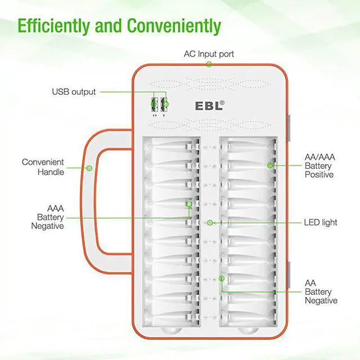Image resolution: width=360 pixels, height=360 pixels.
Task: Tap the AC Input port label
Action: click(209, 54)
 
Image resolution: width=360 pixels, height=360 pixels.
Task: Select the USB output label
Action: click(74, 91)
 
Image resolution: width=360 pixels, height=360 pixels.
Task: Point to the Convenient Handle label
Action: click(43, 167)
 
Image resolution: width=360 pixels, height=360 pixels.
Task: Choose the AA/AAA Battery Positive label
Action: click(319, 166)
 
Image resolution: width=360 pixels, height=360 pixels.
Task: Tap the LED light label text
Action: click(321, 222)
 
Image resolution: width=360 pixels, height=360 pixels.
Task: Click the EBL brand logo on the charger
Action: click(206, 105)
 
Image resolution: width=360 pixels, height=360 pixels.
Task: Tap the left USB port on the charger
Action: click(154, 104)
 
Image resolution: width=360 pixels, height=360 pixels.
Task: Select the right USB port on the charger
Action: click(165, 104)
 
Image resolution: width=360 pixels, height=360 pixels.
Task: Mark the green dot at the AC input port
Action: click(209, 64)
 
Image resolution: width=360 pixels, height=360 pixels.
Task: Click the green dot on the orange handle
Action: click(89, 167)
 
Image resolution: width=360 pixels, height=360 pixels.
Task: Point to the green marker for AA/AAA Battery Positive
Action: click(271, 166)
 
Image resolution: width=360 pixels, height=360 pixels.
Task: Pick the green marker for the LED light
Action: click(209, 223)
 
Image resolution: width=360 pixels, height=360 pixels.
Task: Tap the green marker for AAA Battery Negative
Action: click(189, 203)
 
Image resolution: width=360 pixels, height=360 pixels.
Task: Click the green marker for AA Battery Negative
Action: click(223, 278)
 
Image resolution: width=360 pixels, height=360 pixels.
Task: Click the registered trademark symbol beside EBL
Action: click(222, 102)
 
